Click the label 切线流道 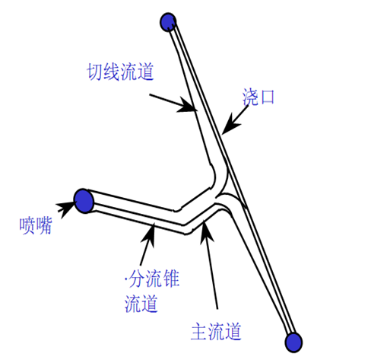click(120, 72)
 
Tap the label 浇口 click(258, 97)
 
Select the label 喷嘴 click(36, 225)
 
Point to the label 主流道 click(216, 331)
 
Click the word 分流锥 click(154, 279)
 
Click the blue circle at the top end click(168, 22)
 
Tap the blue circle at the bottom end click(293, 342)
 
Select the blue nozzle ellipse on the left click(84, 201)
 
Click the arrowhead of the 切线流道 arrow click(189, 105)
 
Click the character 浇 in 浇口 click(250, 97)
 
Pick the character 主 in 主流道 click(199, 331)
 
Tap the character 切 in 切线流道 click(95, 72)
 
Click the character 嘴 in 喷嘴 click(44, 225)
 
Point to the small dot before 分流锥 click(126, 279)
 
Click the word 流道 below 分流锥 click(141, 303)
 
